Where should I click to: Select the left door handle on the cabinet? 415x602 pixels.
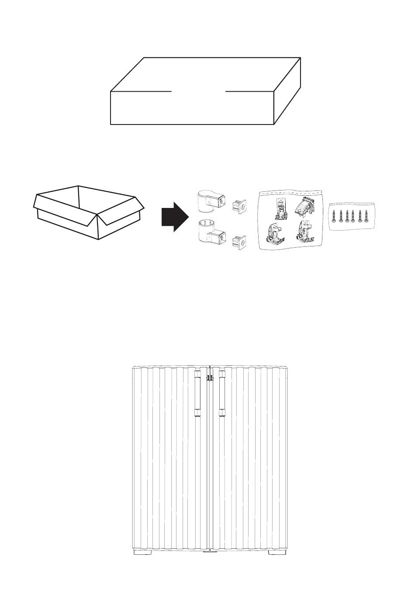[197, 393]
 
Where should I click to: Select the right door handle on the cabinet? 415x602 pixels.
[222, 393]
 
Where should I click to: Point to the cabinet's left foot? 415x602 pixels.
[142, 552]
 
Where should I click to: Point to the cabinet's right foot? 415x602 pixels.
[275, 552]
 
